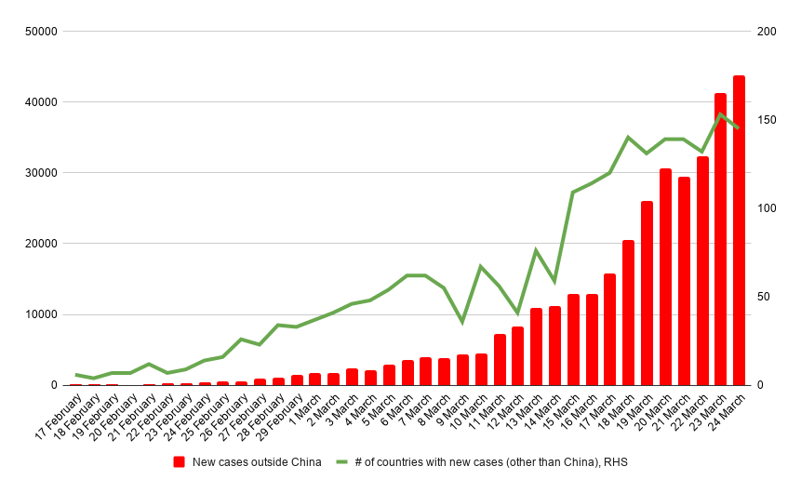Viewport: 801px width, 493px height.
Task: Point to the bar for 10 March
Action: pyautogui.click(x=481, y=369)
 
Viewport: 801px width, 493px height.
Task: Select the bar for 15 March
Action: pyautogui.click(x=573, y=340)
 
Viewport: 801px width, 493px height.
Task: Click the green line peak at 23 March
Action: pyautogui.click(x=720, y=114)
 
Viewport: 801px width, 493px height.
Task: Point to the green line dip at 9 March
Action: pyautogui.click(x=462, y=322)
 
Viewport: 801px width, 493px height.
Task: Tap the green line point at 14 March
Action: pyautogui.click(x=554, y=281)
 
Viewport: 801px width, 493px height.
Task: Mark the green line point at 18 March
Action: pyautogui.click(x=628, y=138)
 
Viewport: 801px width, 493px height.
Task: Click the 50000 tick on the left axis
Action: pyautogui.click(x=41, y=32)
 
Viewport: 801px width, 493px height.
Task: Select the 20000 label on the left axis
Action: pyautogui.click(x=41, y=244)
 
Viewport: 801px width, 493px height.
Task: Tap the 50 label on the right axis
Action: pyautogui.click(x=764, y=297)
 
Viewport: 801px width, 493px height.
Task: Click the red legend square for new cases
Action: pyautogui.click(x=180, y=461)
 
